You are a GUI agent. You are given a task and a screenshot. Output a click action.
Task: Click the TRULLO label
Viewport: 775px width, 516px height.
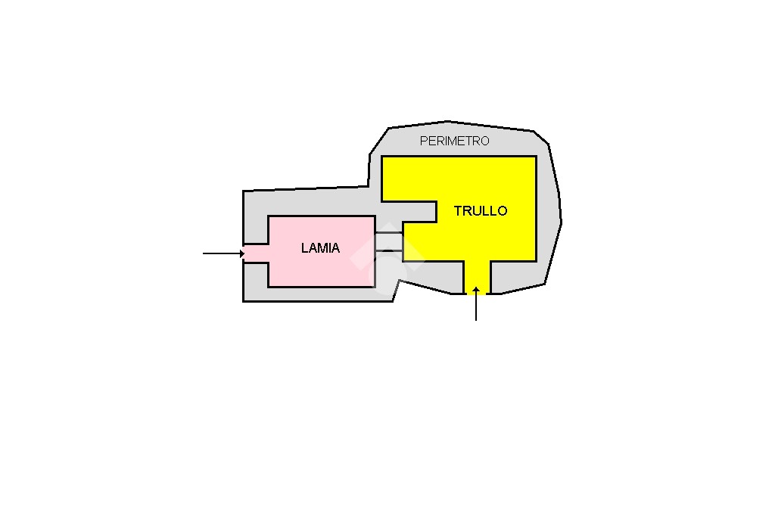point(481,211)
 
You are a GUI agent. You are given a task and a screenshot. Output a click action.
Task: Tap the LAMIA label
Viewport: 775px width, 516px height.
point(320,248)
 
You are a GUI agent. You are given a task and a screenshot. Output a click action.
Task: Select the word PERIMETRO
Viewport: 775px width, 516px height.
point(454,141)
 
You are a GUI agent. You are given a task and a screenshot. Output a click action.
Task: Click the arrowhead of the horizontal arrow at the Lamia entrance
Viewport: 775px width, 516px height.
point(242,253)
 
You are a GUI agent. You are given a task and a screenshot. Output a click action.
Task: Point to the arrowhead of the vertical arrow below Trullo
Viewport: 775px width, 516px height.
point(476,289)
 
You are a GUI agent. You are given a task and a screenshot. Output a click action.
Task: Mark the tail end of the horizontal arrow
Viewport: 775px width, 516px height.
point(203,253)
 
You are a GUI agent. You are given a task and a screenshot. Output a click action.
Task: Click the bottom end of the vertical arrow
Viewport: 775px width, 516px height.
point(476,320)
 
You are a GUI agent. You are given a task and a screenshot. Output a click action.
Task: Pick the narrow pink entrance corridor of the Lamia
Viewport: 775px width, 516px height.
point(256,253)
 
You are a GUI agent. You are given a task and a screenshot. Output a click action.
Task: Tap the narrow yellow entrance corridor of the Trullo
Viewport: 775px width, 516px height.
point(477,278)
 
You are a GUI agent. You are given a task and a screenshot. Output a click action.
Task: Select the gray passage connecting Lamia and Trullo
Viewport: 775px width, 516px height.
point(389,241)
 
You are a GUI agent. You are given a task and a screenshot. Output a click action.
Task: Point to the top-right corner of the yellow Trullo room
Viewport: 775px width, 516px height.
point(537,157)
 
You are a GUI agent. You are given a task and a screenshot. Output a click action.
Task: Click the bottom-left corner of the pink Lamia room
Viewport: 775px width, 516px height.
point(269,287)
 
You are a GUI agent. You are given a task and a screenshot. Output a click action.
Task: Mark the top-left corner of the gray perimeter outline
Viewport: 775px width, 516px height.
point(243,191)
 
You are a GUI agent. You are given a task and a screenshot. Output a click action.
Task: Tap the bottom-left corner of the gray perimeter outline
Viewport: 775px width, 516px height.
point(243,301)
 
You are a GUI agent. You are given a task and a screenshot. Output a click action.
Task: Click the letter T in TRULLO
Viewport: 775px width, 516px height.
point(458,211)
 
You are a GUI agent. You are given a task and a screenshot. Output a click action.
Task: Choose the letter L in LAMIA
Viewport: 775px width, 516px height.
point(304,248)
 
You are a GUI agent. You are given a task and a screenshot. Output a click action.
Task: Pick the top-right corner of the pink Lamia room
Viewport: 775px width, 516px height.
point(375,216)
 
